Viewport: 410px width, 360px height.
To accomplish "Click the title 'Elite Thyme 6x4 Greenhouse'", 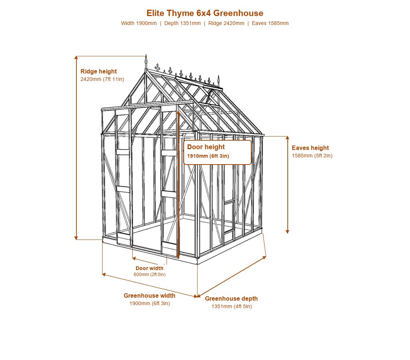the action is (205, 13).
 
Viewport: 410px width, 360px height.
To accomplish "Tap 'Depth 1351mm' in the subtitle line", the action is (183, 23).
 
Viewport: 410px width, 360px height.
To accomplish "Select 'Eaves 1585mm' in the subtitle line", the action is (270, 23).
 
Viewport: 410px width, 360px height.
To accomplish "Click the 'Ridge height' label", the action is (98, 71).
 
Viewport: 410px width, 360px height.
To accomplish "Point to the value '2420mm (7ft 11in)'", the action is (102, 79).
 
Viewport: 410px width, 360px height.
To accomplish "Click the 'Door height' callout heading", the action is (206, 147).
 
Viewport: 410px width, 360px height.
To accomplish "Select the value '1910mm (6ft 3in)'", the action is (208, 156).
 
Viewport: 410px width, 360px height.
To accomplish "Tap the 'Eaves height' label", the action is (310, 148).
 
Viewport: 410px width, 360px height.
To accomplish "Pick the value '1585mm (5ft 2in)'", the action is (312, 156).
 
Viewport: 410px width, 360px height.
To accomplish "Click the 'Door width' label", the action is (149, 268).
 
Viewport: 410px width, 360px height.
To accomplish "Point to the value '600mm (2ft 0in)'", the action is (149, 275).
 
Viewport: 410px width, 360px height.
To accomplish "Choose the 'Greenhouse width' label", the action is (149, 295).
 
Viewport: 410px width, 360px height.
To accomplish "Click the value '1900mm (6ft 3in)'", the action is (149, 304).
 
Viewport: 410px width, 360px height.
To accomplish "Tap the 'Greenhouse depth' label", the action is (231, 298).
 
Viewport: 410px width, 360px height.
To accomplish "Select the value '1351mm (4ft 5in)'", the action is (232, 306).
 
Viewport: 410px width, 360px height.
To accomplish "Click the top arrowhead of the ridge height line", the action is (76, 57).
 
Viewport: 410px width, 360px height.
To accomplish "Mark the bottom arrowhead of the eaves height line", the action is (287, 232).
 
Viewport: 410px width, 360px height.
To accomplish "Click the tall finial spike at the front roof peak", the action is (146, 62).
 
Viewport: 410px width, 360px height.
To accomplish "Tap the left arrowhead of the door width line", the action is (134, 259).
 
